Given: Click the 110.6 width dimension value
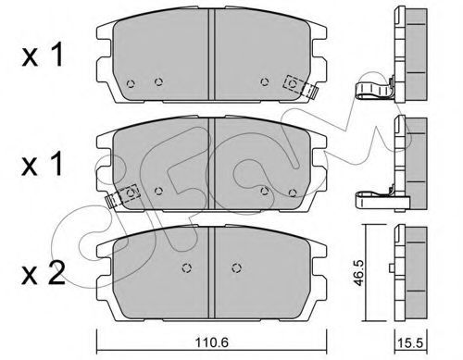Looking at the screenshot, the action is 212,342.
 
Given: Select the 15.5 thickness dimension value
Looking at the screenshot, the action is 410,343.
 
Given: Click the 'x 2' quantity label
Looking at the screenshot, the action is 44,273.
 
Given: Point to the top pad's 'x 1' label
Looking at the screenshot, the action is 43,55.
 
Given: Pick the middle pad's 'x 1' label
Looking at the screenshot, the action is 43,165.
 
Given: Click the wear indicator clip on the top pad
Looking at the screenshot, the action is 301,87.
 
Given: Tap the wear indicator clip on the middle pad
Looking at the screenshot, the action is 122,196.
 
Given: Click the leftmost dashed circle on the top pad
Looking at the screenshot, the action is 131,83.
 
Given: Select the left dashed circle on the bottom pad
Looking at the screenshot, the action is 186,268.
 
